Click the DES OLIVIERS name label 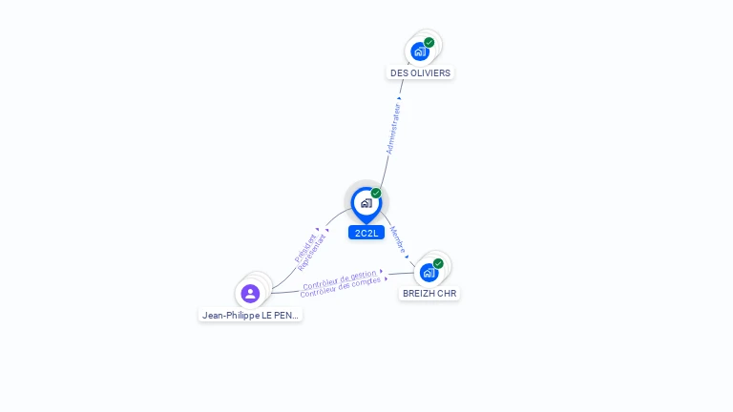coord(420,72)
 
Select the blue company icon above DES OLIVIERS coord(420,51)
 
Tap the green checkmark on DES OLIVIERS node coord(429,43)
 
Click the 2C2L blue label coord(366,233)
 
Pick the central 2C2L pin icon coord(366,205)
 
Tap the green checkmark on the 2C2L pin coord(376,193)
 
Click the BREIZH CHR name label coord(429,294)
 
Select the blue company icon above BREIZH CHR coord(429,273)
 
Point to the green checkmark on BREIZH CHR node coord(438,263)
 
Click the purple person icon coord(250,294)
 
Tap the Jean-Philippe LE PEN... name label coord(250,316)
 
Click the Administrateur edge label coord(393,129)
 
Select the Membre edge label coord(397,239)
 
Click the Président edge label coord(304,248)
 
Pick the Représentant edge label coord(311,253)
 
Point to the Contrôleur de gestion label coord(340,279)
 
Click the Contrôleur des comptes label coord(341,287)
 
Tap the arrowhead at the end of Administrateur coord(399,98)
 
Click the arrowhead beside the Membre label coord(407,257)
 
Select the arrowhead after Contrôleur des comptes coord(386,278)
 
